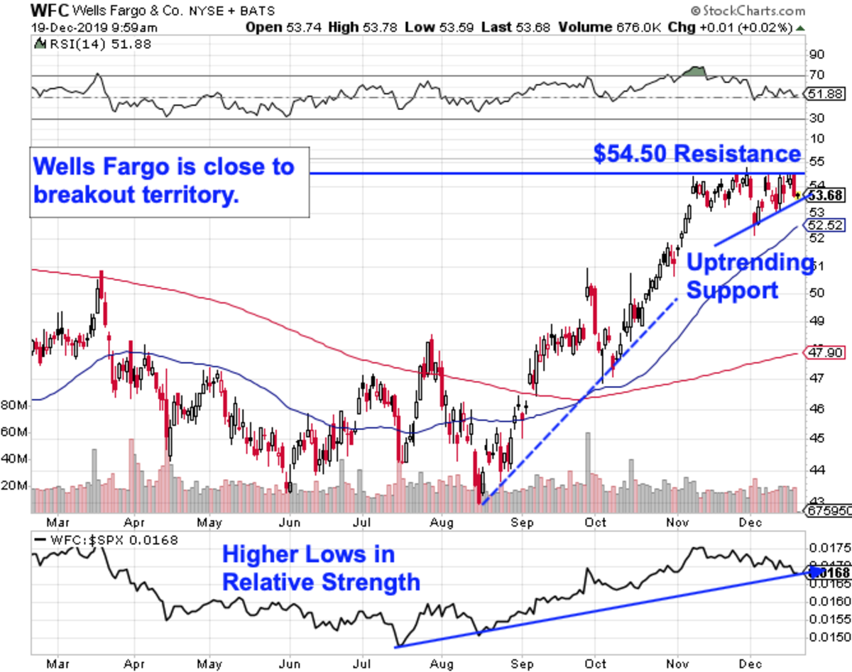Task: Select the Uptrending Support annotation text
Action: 750,277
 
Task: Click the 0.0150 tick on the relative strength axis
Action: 823,637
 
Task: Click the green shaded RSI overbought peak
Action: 697,72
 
